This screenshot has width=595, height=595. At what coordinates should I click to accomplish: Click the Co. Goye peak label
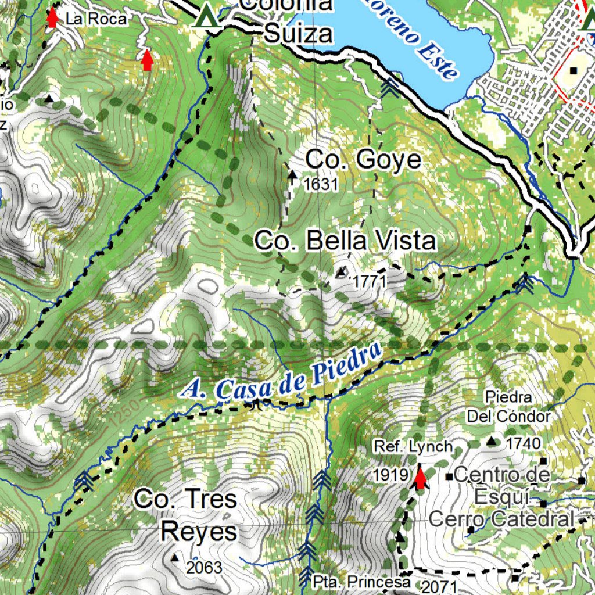point(363,159)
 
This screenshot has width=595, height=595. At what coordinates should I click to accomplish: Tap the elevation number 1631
point(320,185)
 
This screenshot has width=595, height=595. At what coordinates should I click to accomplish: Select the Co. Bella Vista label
point(345,241)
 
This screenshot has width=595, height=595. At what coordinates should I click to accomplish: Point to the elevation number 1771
point(370,282)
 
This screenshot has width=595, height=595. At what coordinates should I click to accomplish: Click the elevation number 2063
point(205,567)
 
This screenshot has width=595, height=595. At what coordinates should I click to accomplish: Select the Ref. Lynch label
point(413,446)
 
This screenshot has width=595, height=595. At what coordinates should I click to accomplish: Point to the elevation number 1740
point(524,443)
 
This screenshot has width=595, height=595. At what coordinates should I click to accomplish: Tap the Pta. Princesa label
point(361,582)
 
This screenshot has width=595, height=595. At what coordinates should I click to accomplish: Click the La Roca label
point(96,19)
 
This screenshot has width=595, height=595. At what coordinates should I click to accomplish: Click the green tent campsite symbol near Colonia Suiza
point(206,16)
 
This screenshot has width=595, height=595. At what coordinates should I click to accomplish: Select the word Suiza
point(299,34)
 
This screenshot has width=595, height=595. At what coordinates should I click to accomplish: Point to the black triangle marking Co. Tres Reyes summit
point(175,558)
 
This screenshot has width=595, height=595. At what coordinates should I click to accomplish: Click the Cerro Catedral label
point(501,519)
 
